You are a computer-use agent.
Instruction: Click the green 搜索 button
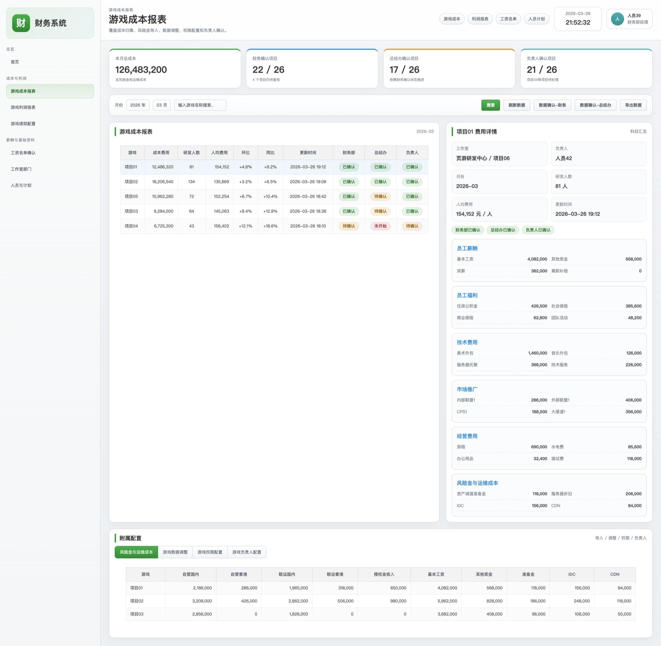tap(490, 105)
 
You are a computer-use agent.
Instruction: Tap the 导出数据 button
tap(633, 105)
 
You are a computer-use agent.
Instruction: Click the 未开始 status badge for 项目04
tap(380, 226)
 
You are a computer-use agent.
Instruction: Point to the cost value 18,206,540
tap(163, 182)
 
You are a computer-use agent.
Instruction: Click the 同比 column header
tap(270, 153)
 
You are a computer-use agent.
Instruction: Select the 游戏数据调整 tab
tap(175, 552)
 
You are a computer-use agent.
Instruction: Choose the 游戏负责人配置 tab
tap(247, 552)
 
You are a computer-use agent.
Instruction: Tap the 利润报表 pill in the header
tap(480, 19)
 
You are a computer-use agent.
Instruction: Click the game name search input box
tap(200, 105)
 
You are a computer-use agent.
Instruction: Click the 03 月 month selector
tap(162, 105)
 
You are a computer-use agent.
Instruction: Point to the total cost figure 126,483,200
tap(141, 70)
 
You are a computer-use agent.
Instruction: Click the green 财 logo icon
tap(21, 23)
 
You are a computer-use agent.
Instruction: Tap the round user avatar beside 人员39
tap(617, 19)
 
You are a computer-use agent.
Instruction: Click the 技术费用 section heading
tap(467, 342)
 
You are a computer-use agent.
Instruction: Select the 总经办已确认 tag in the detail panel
tap(503, 230)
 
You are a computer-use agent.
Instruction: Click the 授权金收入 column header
tap(384, 574)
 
